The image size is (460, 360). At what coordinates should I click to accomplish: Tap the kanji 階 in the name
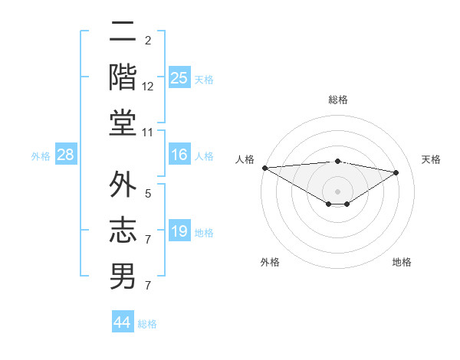pyautogui.click(x=123, y=77)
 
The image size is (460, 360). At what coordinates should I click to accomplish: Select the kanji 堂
pyautogui.click(x=123, y=123)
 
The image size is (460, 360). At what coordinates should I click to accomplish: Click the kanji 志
pyautogui.click(x=123, y=231)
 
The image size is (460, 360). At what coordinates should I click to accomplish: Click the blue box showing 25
pyautogui.click(x=179, y=78)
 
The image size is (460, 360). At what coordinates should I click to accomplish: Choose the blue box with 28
pyautogui.click(x=65, y=155)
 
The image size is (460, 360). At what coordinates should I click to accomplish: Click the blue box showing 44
pyautogui.click(x=122, y=322)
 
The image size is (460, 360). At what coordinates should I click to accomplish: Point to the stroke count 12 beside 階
pyautogui.click(x=148, y=86)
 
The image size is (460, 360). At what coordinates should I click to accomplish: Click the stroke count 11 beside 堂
pyautogui.click(x=148, y=133)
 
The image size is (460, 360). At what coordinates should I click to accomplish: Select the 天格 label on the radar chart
pyautogui.click(x=432, y=159)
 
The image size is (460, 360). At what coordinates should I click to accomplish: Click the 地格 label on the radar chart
pyautogui.click(x=402, y=262)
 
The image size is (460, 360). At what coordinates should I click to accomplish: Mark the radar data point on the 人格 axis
pyautogui.click(x=264, y=168)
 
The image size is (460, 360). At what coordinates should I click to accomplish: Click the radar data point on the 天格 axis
pyautogui.click(x=396, y=172)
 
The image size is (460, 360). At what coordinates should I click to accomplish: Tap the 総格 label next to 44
pyautogui.click(x=147, y=323)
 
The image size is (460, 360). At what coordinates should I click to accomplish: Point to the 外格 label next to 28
pyautogui.click(x=41, y=156)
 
